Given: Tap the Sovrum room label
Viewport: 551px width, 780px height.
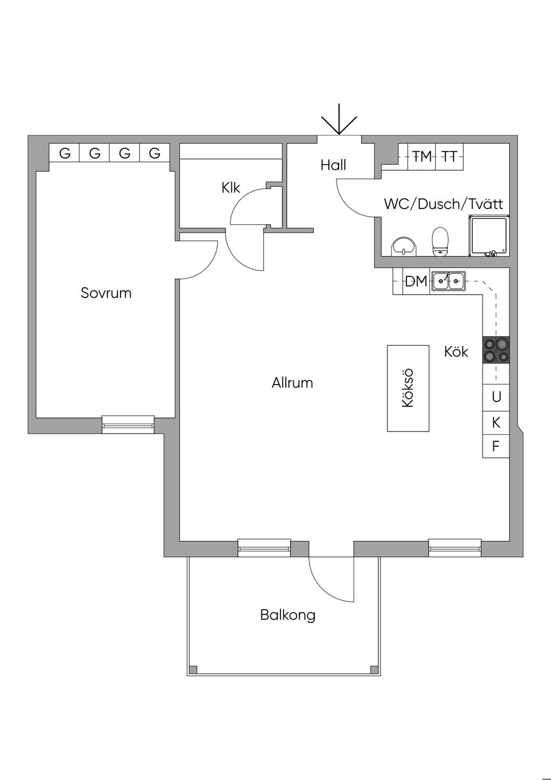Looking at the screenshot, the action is [106, 293].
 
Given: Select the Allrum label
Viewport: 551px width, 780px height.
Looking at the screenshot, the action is [292, 383].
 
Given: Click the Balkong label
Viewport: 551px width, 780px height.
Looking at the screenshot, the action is [287, 615].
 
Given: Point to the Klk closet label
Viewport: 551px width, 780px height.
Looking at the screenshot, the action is [230, 188].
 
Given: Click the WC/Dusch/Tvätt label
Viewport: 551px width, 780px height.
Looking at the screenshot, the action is [443, 204].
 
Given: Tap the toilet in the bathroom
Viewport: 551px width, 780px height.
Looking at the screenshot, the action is [440, 240].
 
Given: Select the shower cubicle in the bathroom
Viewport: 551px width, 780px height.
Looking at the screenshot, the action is [489, 235].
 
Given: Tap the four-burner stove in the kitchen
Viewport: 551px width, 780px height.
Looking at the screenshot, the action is [496, 349].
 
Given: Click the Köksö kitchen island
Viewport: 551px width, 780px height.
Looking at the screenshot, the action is [408, 388].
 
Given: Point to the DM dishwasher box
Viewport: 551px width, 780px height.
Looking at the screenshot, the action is [415, 281].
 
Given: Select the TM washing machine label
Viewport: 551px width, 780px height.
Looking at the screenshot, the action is [422, 157].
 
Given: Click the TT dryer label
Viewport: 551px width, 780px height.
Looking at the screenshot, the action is [449, 157].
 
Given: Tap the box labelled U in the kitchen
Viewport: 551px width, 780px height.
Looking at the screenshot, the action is [496, 397].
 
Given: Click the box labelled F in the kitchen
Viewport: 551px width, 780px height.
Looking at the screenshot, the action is [496, 446].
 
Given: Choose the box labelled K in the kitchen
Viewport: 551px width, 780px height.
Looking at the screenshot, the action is [496, 422].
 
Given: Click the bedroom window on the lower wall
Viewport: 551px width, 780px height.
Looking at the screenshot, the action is [128, 424].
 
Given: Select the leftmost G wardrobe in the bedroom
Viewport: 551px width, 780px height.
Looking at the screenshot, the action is [65, 153].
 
